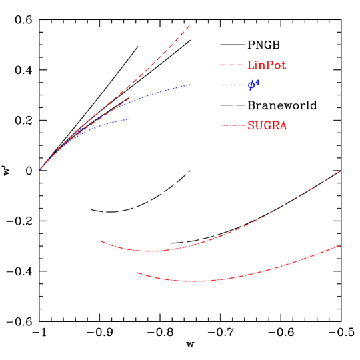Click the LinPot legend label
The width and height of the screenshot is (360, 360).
pos(267,65)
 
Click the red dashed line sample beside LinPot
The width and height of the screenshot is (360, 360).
pos(231,65)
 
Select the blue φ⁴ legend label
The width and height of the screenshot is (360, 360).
pos(253,85)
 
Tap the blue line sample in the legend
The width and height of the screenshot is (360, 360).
pos(231,85)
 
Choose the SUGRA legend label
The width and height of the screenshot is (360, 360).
pos(267,125)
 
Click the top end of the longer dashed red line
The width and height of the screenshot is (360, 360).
pos(190,25)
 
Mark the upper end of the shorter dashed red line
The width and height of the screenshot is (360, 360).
pos(129,99)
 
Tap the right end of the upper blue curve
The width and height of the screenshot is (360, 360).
pos(190,85)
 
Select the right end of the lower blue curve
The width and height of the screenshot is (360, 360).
pos(129,119)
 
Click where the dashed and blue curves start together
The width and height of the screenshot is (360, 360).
pos(40,169)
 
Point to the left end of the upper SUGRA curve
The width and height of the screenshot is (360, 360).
pos(101,241)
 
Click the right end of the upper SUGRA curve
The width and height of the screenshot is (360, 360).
pos(339,172)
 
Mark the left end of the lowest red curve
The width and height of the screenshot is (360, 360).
pos(137,272)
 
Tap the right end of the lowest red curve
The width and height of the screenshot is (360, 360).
pos(340,245)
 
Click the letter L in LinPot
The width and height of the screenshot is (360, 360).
pos(251,65)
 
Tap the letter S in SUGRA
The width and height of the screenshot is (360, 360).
pos(251,125)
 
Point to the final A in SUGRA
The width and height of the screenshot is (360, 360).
pos(283,125)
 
